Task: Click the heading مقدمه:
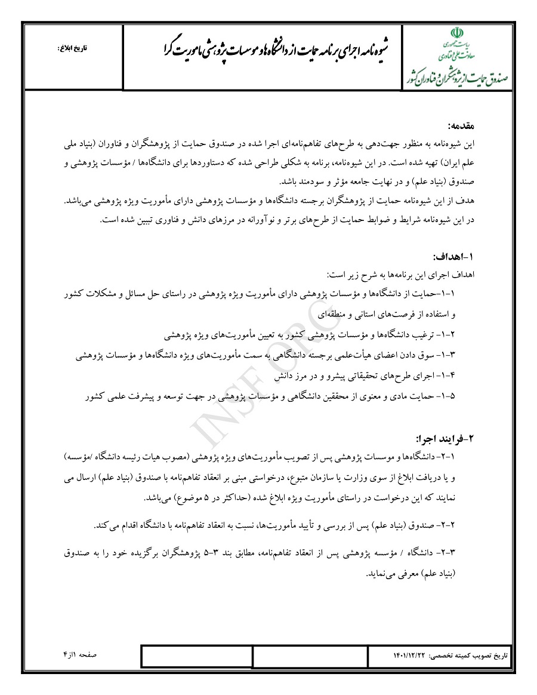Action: click(461, 127)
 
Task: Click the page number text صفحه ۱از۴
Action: click(81, 655)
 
